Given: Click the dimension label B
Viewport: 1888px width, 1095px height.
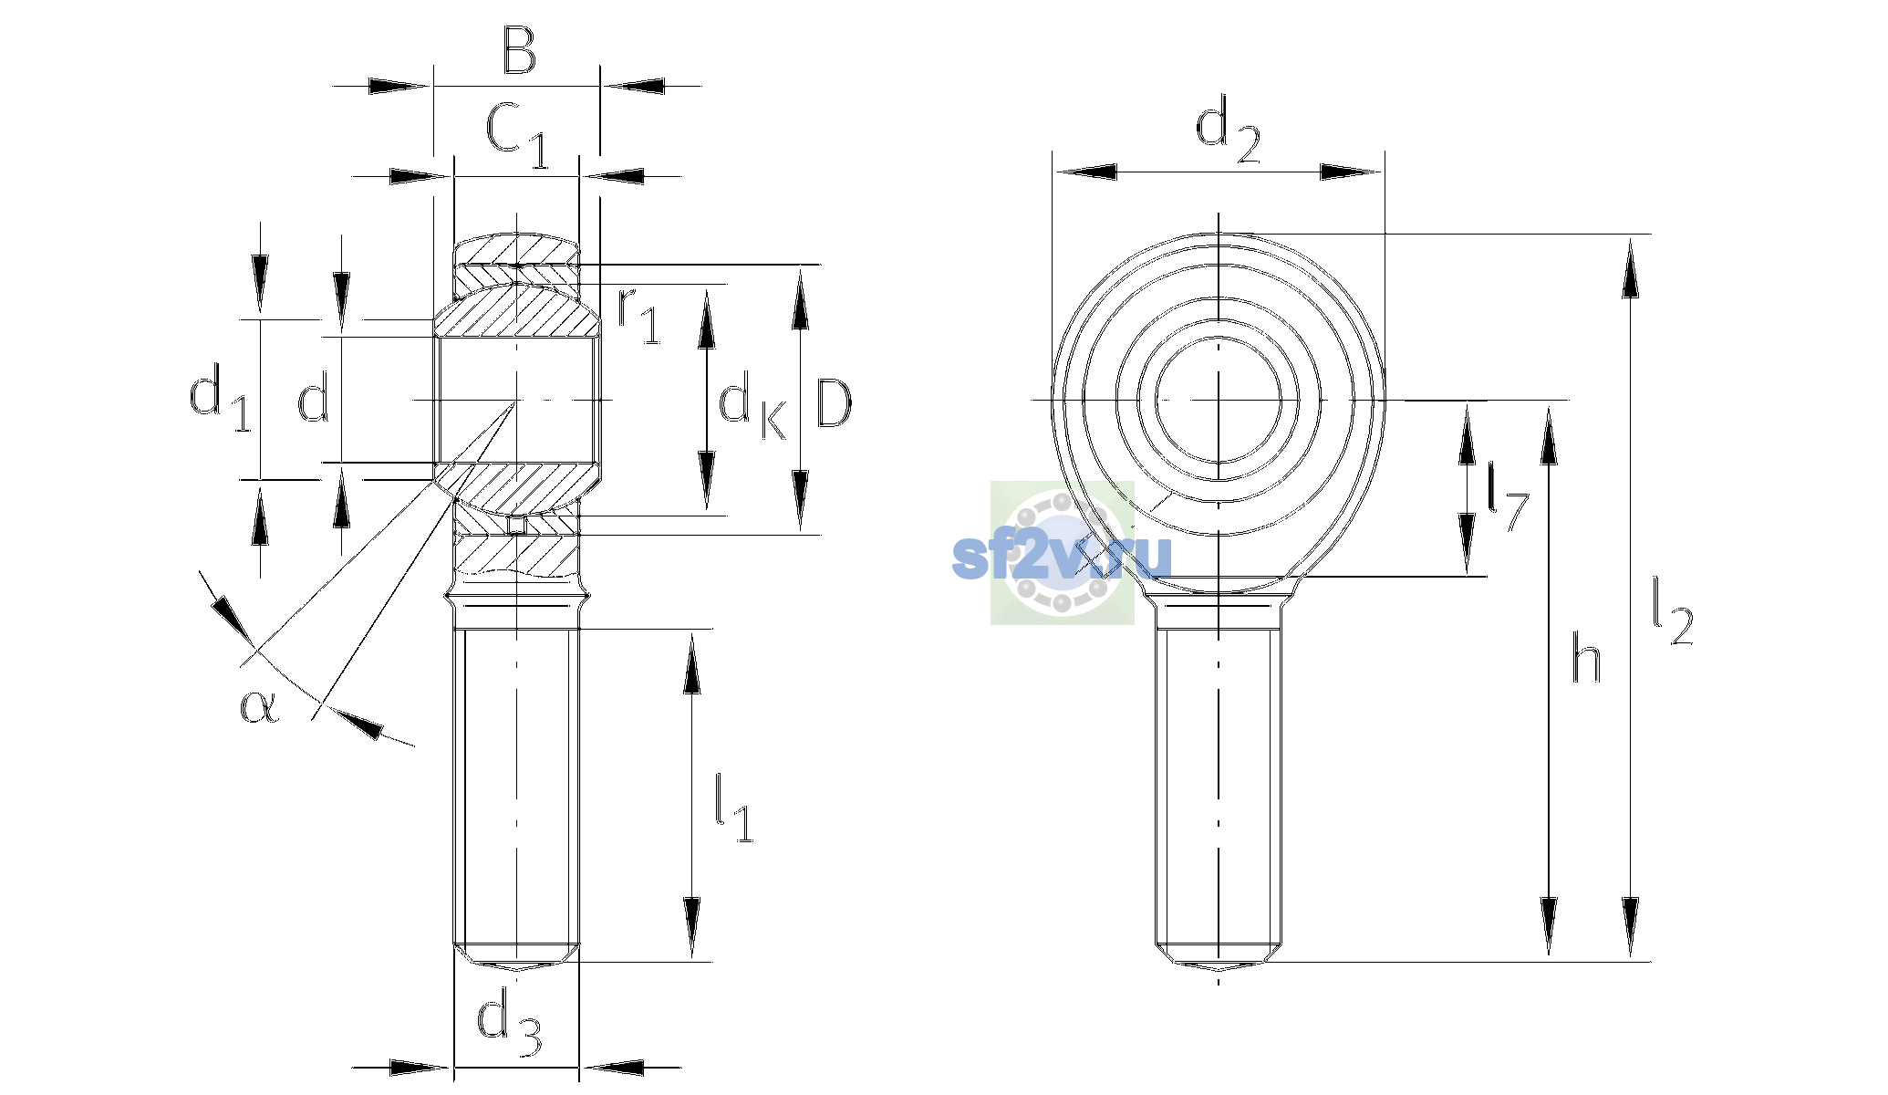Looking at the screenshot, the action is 519,51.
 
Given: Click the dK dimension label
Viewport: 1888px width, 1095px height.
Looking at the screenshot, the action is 753,405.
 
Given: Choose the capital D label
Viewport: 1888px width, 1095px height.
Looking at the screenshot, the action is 834,402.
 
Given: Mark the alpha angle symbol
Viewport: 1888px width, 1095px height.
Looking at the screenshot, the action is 259,705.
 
